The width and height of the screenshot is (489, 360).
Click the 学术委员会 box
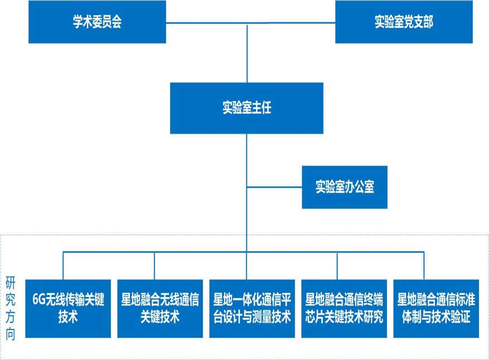(97, 22)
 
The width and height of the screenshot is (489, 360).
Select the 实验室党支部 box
(404, 22)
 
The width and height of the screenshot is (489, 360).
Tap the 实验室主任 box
(246, 108)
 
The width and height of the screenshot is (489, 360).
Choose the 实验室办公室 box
(345, 187)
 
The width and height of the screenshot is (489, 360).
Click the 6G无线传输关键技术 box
(68, 308)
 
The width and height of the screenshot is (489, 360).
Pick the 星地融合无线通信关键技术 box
(161, 308)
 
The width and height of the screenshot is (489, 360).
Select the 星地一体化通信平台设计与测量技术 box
(252, 308)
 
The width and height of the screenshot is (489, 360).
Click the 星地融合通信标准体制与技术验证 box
(435, 308)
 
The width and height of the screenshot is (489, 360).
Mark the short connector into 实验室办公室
(274, 187)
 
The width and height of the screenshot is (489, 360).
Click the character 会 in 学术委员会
(117, 22)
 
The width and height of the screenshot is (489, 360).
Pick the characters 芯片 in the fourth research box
(316, 317)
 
